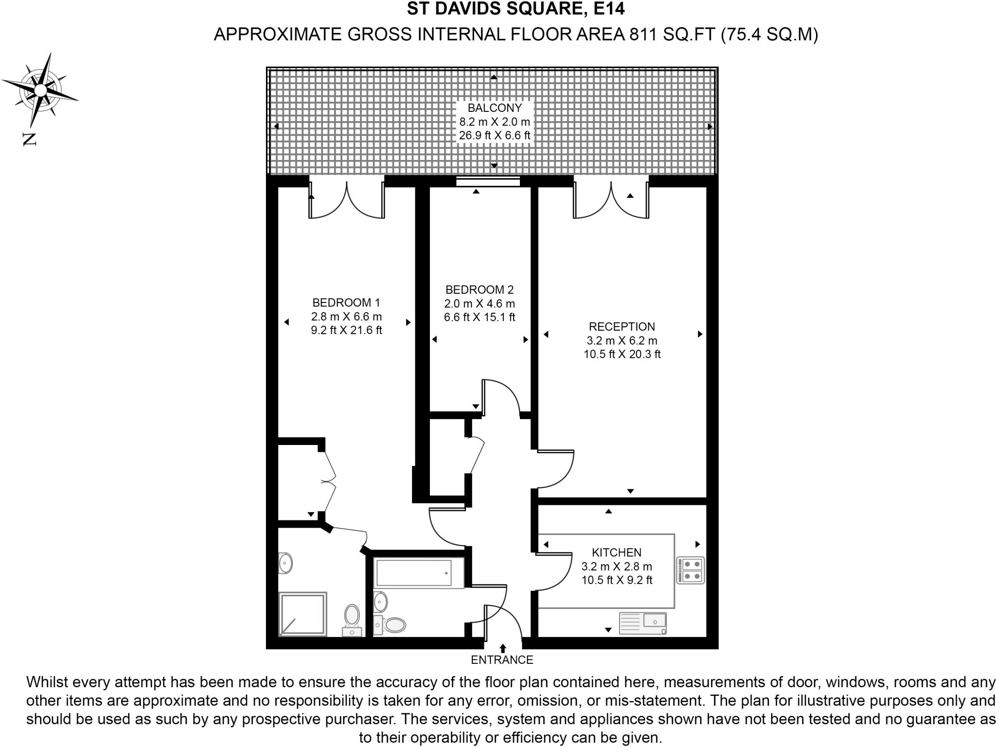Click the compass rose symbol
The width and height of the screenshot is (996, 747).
pyautogui.click(x=40, y=90)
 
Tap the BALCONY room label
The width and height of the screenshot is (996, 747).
pyautogui.click(x=494, y=108)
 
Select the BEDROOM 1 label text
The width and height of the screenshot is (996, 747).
pyautogui.click(x=346, y=302)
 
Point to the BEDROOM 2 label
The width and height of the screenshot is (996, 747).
pyautogui.click(x=479, y=290)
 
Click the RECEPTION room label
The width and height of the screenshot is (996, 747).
pyautogui.click(x=622, y=327)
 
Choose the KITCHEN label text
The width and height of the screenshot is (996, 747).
pyautogui.click(x=616, y=552)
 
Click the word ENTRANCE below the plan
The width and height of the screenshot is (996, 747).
pyautogui.click(x=502, y=660)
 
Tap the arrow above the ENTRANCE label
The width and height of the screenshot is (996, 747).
pyautogui.click(x=503, y=648)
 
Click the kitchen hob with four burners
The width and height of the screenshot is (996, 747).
pyautogui.click(x=691, y=570)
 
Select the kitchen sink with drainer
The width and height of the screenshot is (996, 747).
pyautogui.click(x=642, y=623)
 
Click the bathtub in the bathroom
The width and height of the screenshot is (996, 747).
pyautogui.click(x=414, y=573)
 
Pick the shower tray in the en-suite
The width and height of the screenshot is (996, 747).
pyautogui.click(x=302, y=614)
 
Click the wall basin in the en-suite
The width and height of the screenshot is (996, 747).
pyautogui.click(x=285, y=564)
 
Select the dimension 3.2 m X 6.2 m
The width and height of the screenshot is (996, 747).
pyautogui.click(x=622, y=340)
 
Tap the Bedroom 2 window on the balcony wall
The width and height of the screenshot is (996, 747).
pyautogui.click(x=488, y=182)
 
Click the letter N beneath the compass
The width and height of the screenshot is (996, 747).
pyautogui.click(x=30, y=140)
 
